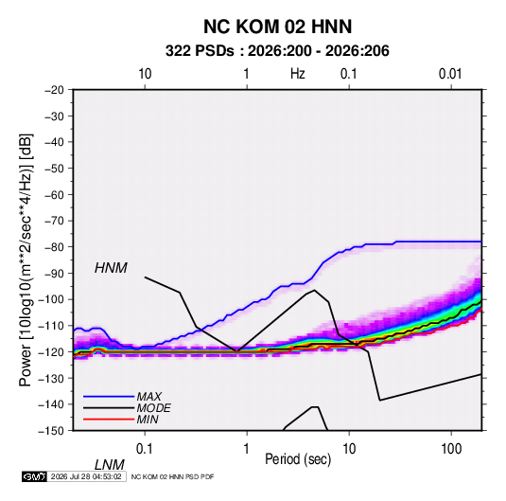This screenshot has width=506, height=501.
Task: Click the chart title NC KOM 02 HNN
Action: tap(277, 27)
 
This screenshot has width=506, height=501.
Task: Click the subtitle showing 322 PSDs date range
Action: tap(277, 51)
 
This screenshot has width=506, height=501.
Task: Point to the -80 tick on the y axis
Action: tap(54, 247)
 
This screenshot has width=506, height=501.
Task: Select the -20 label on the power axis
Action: tap(54, 90)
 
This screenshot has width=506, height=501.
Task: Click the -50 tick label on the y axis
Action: tap(54, 168)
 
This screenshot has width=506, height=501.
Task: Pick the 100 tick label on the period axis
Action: tap(451, 449)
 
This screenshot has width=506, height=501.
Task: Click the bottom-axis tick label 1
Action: tap(247, 449)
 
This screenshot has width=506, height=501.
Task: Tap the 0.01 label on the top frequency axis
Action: tap(450, 74)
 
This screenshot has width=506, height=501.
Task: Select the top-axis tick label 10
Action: tap(145, 74)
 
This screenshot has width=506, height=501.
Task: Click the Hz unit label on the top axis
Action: tap(298, 74)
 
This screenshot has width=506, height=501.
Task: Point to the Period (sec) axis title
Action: tap(298, 459)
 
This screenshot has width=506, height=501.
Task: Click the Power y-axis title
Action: tap(26, 259)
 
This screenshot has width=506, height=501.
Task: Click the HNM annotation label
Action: tap(111, 268)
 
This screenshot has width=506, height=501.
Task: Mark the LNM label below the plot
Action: tap(110, 465)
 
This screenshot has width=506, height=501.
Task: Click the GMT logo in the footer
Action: tap(35, 476)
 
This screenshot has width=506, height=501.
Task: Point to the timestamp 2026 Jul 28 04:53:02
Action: tap(86, 476)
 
